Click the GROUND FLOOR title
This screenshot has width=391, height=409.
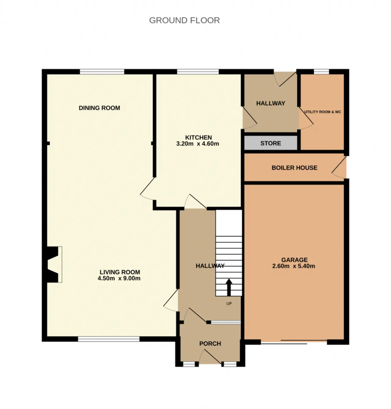185,20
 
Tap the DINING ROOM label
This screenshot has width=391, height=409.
100,108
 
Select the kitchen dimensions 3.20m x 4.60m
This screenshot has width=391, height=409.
198,144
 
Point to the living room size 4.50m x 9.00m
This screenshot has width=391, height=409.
119,278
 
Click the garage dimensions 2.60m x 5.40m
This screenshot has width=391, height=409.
294,266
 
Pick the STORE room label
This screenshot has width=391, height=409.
271,143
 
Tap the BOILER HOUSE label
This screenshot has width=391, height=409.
294,168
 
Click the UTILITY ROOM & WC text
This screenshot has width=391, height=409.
323,112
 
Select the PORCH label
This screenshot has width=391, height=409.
210,344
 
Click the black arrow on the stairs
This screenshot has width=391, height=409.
229,287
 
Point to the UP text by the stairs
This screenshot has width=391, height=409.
229,303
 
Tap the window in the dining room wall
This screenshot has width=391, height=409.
102,72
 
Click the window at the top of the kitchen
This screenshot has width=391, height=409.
198,72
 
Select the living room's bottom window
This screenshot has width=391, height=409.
109,339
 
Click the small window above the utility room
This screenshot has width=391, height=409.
321,72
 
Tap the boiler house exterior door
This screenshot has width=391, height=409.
338,168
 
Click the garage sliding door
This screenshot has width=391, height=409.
294,342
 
